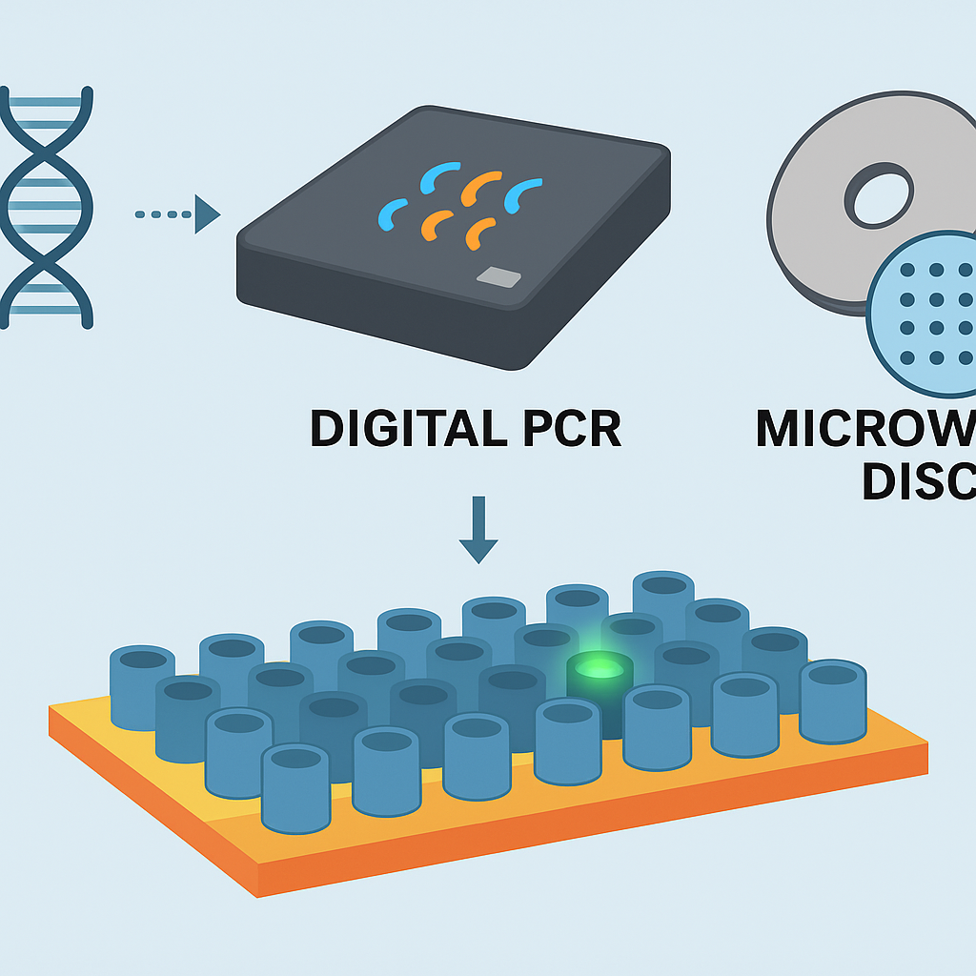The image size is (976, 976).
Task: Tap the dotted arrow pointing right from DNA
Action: pos(177,213)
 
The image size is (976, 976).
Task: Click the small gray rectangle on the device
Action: pos(498,277)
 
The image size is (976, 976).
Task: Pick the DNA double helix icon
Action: pos(48,207)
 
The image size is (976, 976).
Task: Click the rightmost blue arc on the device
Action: pos(522,194)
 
